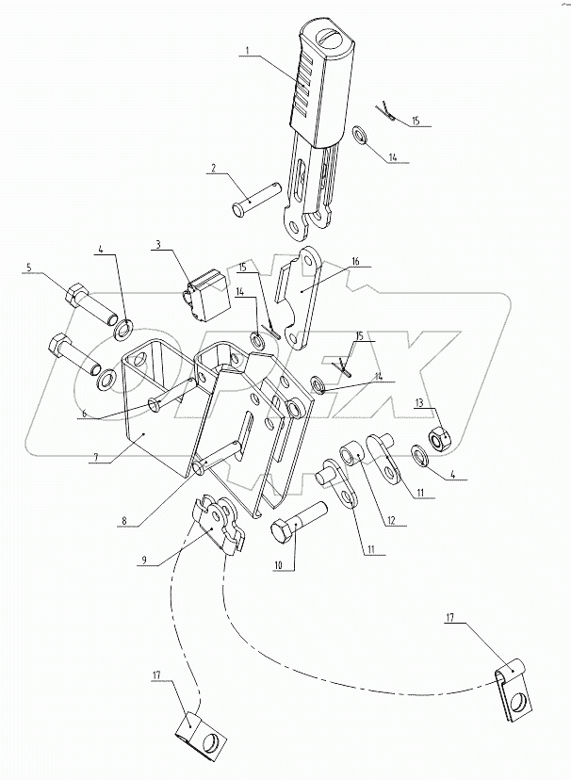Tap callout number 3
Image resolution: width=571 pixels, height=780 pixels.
coord(159,245)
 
